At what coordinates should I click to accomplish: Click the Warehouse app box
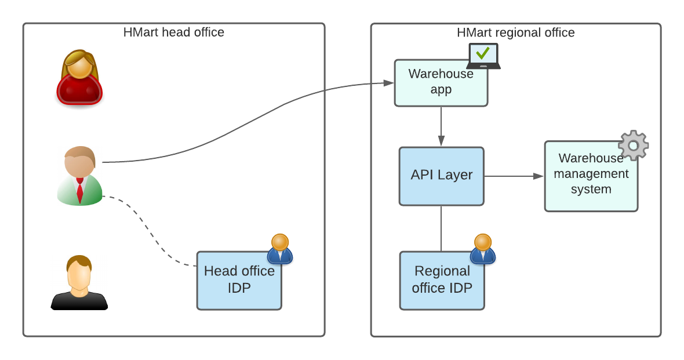[x=441, y=83]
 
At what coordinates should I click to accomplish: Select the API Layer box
[x=441, y=176]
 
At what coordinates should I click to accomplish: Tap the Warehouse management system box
[x=591, y=176]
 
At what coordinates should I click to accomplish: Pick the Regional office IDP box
[x=442, y=281]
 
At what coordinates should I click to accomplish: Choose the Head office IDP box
[x=239, y=281]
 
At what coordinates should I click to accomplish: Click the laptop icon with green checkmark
[x=483, y=56]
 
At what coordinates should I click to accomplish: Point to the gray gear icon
[x=633, y=145]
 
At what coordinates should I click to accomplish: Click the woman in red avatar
[x=79, y=78]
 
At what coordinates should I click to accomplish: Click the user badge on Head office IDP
[x=280, y=249]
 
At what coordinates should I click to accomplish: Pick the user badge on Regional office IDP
[x=483, y=249]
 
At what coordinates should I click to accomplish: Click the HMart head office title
[x=173, y=32]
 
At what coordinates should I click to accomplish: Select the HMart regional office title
[x=515, y=32]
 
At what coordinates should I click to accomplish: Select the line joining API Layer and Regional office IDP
[x=441, y=228]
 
